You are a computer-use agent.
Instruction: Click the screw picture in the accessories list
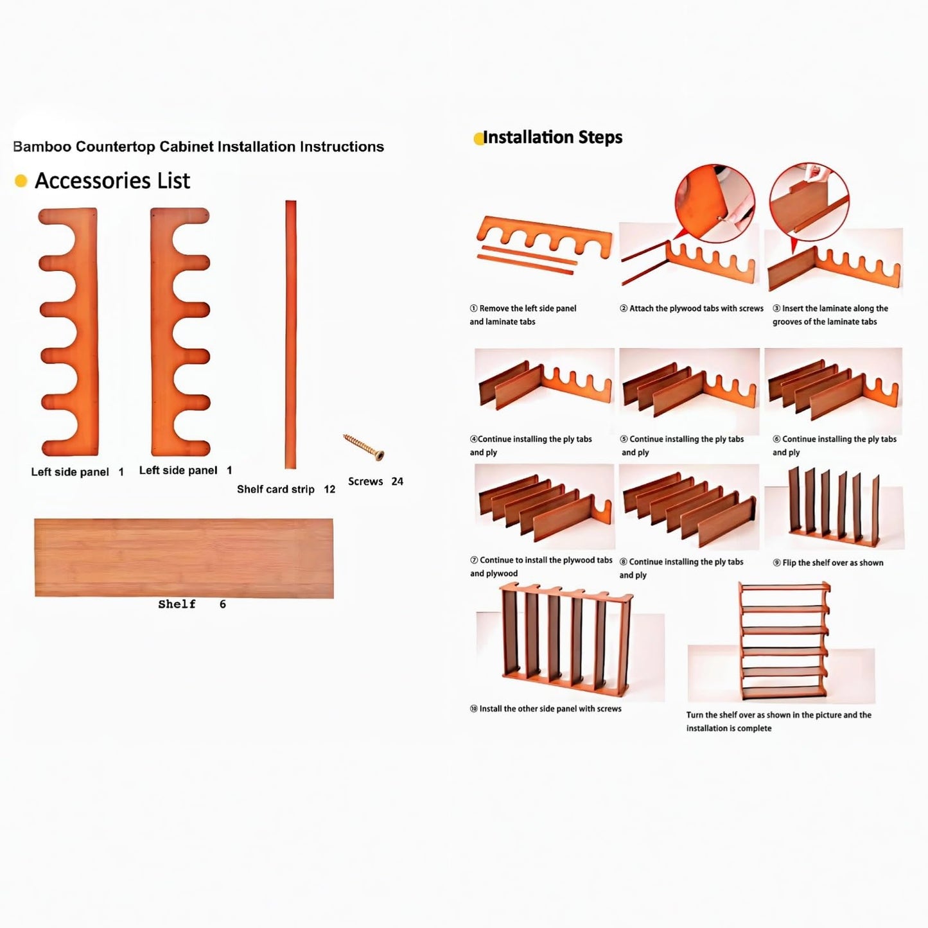pyautogui.click(x=363, y=447)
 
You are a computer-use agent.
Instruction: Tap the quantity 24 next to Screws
pyautogui.click(x=397, y=481)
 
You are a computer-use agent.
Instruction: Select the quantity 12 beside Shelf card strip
pyautogui.click(x=329, y=489)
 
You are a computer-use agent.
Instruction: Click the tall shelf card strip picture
pyautogui.click(x=290, y=334)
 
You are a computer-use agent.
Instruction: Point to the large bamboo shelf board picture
pyautogui.click(x=184, y=558)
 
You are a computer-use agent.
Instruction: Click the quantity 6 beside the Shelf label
pyautogui.click(x=222, y=604)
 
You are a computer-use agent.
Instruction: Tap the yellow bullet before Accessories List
pyautogui.click(x=21, y=180)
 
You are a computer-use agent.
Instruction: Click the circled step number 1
pyautogui.click(x=473, y=308)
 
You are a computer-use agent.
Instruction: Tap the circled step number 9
pyautogui.click(x=776, y=563)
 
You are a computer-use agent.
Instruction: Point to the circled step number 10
pyautogui.click(x=474, y=708)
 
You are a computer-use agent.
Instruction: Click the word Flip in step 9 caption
pyautogui.click(x=789, y=563)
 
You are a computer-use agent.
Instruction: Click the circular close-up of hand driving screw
pyautogui.click(x=715, y=203)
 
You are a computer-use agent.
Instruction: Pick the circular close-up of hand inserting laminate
pyautogui.click(x=809, y=202)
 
